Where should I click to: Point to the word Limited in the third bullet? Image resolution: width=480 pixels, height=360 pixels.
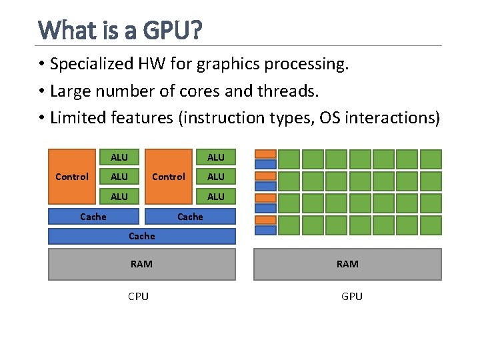(x=76, y=118)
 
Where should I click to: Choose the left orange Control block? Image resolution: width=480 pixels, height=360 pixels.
(x=72, y=177)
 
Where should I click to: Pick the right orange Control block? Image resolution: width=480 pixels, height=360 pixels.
(x=169, y=177)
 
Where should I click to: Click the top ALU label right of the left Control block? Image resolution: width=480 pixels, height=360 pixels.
(x=119, y=157)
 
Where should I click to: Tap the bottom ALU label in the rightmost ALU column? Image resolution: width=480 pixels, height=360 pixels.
(x=216, y=197)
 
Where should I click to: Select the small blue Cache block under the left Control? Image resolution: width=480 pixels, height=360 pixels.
(x=94, y=216)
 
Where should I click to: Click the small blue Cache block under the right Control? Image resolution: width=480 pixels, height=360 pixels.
(x=191, y=216)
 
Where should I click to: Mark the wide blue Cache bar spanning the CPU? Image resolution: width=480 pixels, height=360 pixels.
(x=142, y=236)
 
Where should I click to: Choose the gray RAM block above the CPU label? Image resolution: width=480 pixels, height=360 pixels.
(x=142, y=264)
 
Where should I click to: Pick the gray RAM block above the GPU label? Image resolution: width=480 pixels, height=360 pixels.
(x=347, y=264)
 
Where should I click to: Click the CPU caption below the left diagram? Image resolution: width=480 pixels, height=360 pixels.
(x=139, y=297)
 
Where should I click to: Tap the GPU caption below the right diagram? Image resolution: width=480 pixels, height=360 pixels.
(x=351, y=297)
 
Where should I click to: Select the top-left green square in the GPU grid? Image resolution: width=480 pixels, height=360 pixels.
(x=289, y=159)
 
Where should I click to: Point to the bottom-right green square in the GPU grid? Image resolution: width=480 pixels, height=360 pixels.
(x=431, y=225)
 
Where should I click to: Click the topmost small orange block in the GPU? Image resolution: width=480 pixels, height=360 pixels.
(x=266, y=154)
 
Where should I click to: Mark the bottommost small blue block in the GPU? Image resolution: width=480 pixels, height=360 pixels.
(x=266, y=230)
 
